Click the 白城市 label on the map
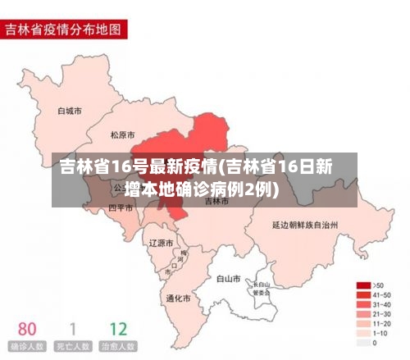tap(69, 110)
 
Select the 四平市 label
tap(121, 208)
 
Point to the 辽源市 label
tap(161, 243)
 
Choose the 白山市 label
tap(228, 279)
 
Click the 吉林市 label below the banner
tap(217, 200)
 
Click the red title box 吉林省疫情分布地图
tap(65, 30)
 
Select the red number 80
tap(27, 328)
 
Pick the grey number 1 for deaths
tap(72, 328)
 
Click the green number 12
tap(118, 328)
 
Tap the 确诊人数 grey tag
tap(27, 347)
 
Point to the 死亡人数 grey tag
tap(72, 347)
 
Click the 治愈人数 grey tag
tap(118, 347)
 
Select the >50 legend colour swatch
tap(363, 285)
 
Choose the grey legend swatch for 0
tap(363, 342)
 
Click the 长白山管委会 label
tap(262, 287)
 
